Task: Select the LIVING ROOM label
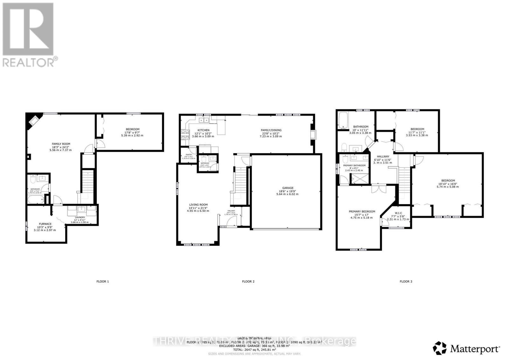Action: point(199,205)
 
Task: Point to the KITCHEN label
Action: point(203,130)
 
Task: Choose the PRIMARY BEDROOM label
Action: point(362,211)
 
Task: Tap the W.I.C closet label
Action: point(398,213)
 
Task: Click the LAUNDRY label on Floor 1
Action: point(80,218)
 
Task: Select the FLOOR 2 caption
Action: point(248,281)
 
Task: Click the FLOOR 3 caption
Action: point(406,281)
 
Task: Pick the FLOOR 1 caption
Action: point(102,281)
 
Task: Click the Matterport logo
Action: point(467,349)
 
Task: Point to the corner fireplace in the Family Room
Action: point(33,120)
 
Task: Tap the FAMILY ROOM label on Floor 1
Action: point(61,144)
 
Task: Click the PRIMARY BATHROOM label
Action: point(354,165)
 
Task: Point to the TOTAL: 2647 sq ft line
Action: point(254,350)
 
